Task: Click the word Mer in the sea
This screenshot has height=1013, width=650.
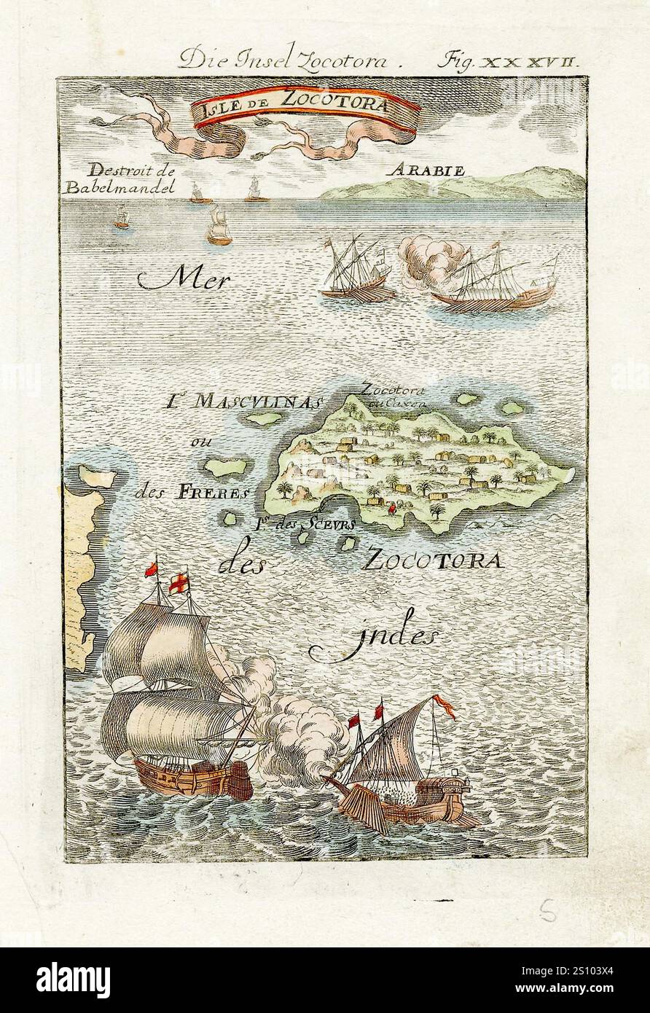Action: click(183, 278)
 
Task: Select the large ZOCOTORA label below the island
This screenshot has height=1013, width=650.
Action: click(433, 560)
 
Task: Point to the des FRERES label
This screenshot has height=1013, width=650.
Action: click(192, 492)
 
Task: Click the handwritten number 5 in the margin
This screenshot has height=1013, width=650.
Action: click(548, 909)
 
